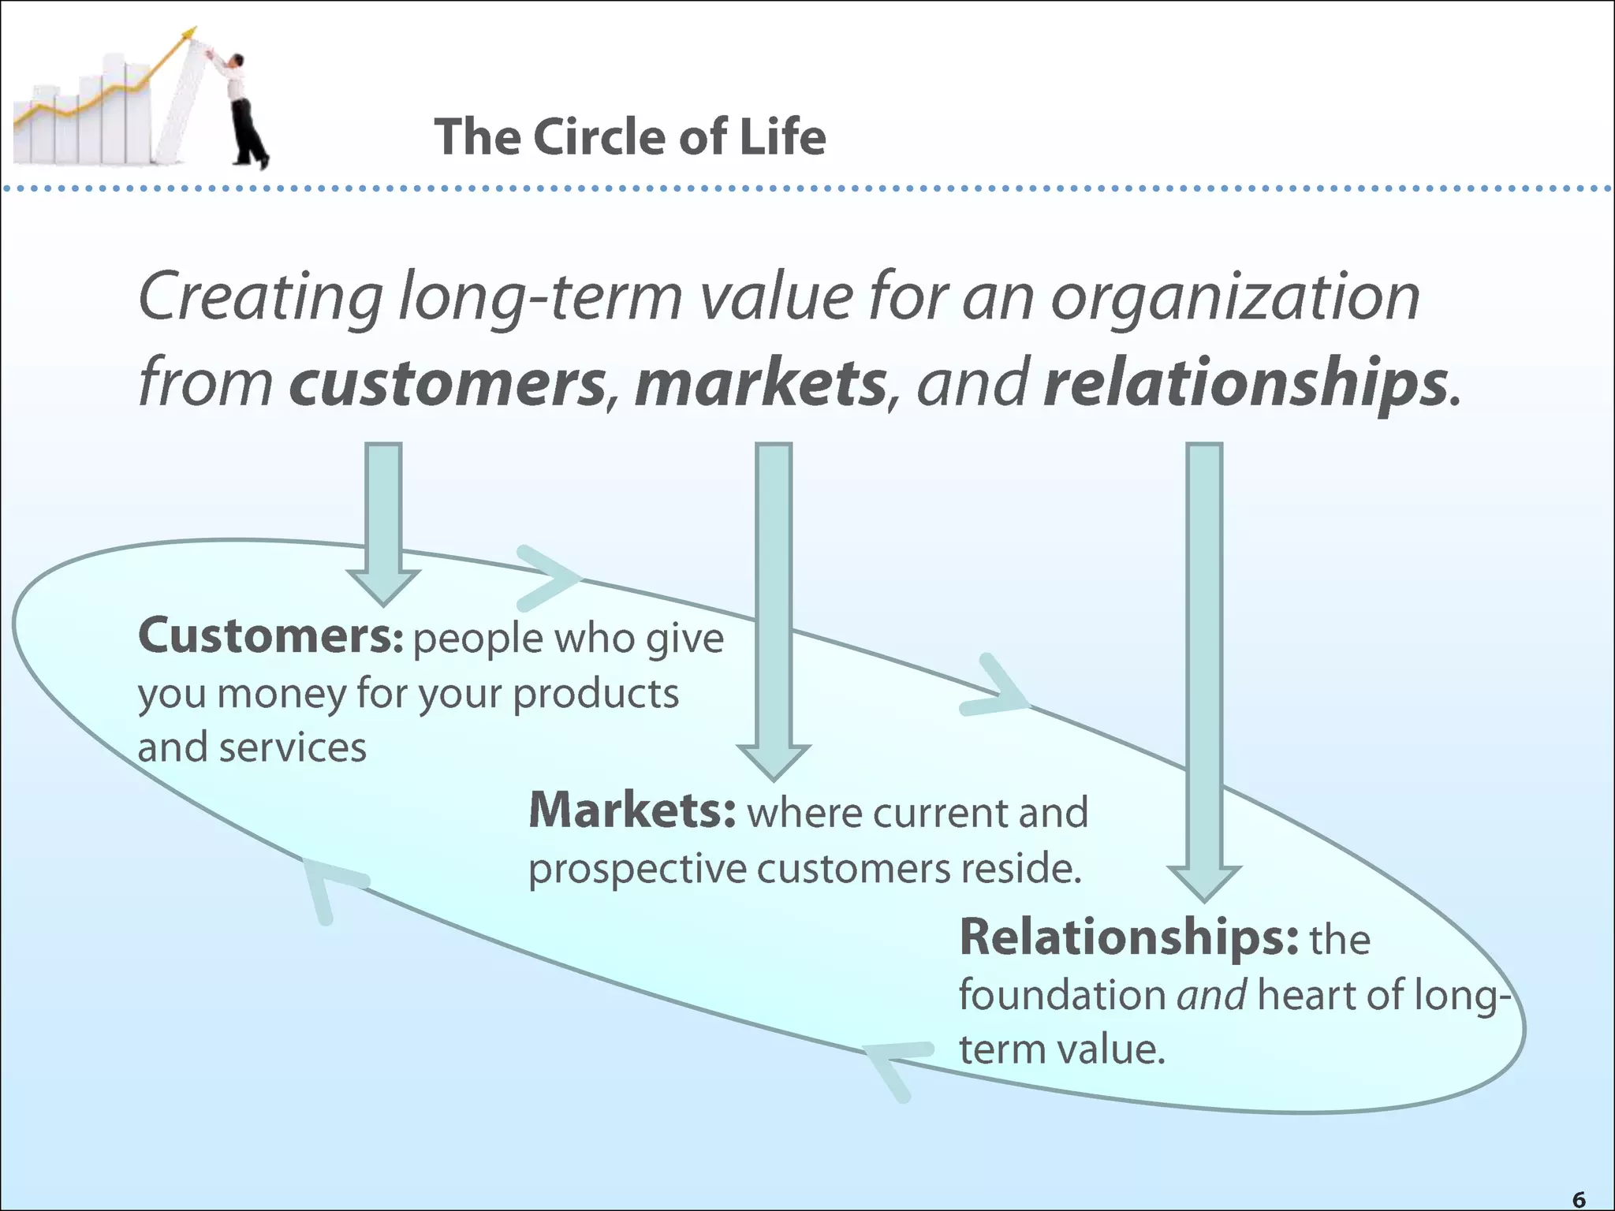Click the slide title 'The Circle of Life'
click(x=629, y=137)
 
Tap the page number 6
click(x=1579, y=1199)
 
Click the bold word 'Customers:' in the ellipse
click(x=270, y=636)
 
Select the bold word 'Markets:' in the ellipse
click(x=632, y=810)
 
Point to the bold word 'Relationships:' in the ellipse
click(x=1128, y=937)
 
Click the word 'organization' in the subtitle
click(x=1235, y=298)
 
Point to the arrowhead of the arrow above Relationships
click(x=1204, y=882)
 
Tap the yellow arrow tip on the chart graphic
click(x=188, y=33)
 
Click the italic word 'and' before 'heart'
click(x=1212, y=995)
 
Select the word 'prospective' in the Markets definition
click(x=637, y=870)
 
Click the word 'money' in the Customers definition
click(x=281, y=695)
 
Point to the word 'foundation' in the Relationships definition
click(x=1061, y=995)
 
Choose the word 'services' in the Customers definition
click(x=293, y=748)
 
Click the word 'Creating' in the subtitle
click(x=261, y=298)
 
